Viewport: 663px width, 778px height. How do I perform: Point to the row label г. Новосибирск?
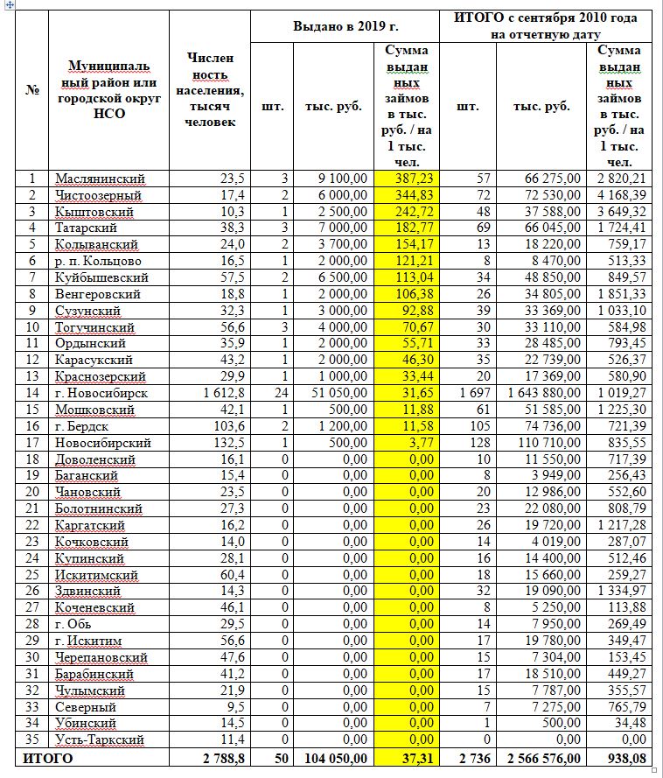(x=101, y=393)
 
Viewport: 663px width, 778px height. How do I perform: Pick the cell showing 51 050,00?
(x=337, y=393)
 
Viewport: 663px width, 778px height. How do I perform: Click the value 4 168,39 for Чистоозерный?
(x=620, y=194)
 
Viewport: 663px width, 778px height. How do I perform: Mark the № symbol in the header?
(x=32, y=90)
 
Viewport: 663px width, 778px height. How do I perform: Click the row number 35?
(x=32, y=739)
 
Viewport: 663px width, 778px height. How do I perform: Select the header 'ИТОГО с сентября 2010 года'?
(x=547, y=18)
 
